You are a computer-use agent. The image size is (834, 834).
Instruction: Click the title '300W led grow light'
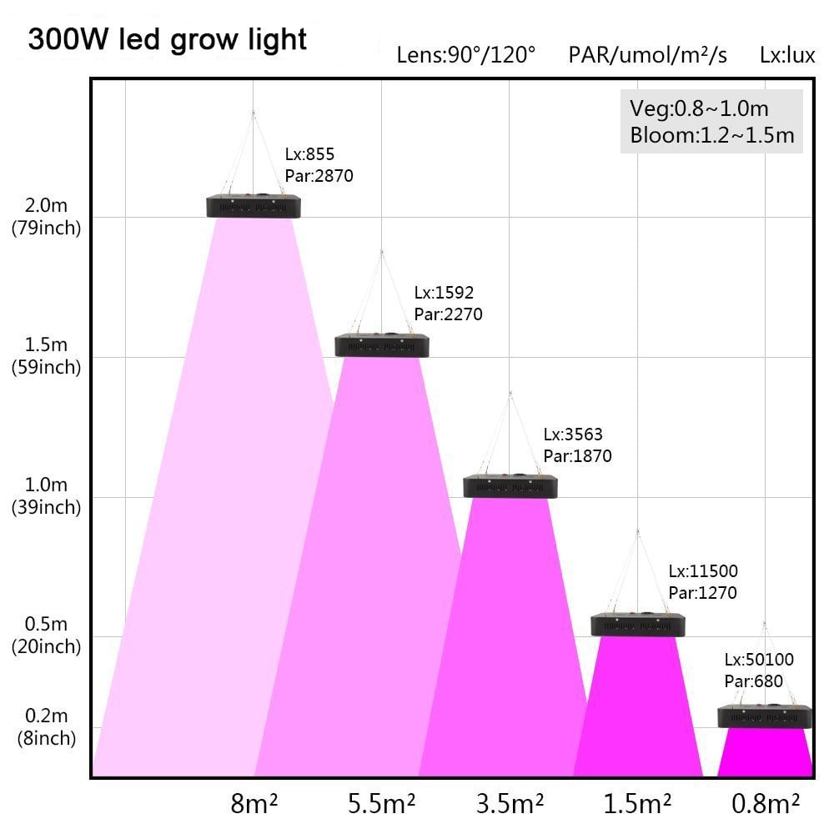(167, 40)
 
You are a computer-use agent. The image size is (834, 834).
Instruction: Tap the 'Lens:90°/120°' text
(466, 55)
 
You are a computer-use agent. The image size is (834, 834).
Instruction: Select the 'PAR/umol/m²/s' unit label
(647, 55)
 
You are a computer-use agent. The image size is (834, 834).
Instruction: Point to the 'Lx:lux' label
(787, 55)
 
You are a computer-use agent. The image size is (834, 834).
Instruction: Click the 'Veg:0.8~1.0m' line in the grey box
(700, 108)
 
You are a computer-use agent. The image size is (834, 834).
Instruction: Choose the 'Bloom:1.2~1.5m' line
(712, 135)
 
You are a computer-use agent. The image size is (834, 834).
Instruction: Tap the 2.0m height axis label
(46, 205)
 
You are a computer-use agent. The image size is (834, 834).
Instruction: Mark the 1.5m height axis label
(46, 344)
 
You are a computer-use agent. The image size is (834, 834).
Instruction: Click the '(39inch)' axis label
(46, 507)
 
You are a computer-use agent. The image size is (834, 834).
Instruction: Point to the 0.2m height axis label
(46, 716)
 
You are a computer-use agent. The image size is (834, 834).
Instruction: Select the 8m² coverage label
(254, 804)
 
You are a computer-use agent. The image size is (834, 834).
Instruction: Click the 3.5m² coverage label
(510, 804)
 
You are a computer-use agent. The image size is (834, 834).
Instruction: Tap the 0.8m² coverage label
(766, 804)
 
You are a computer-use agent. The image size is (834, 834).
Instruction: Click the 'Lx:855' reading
(309, 154)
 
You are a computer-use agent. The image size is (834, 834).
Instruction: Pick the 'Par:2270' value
(448, 314)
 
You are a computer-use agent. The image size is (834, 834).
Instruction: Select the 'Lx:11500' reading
(703, 571)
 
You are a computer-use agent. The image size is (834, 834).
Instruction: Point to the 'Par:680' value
(754, 681)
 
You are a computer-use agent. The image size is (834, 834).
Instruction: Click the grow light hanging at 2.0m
(254, 206)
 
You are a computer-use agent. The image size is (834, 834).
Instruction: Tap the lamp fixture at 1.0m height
(510, 485)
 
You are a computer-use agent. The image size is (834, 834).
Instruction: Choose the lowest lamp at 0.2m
(765, 716)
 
